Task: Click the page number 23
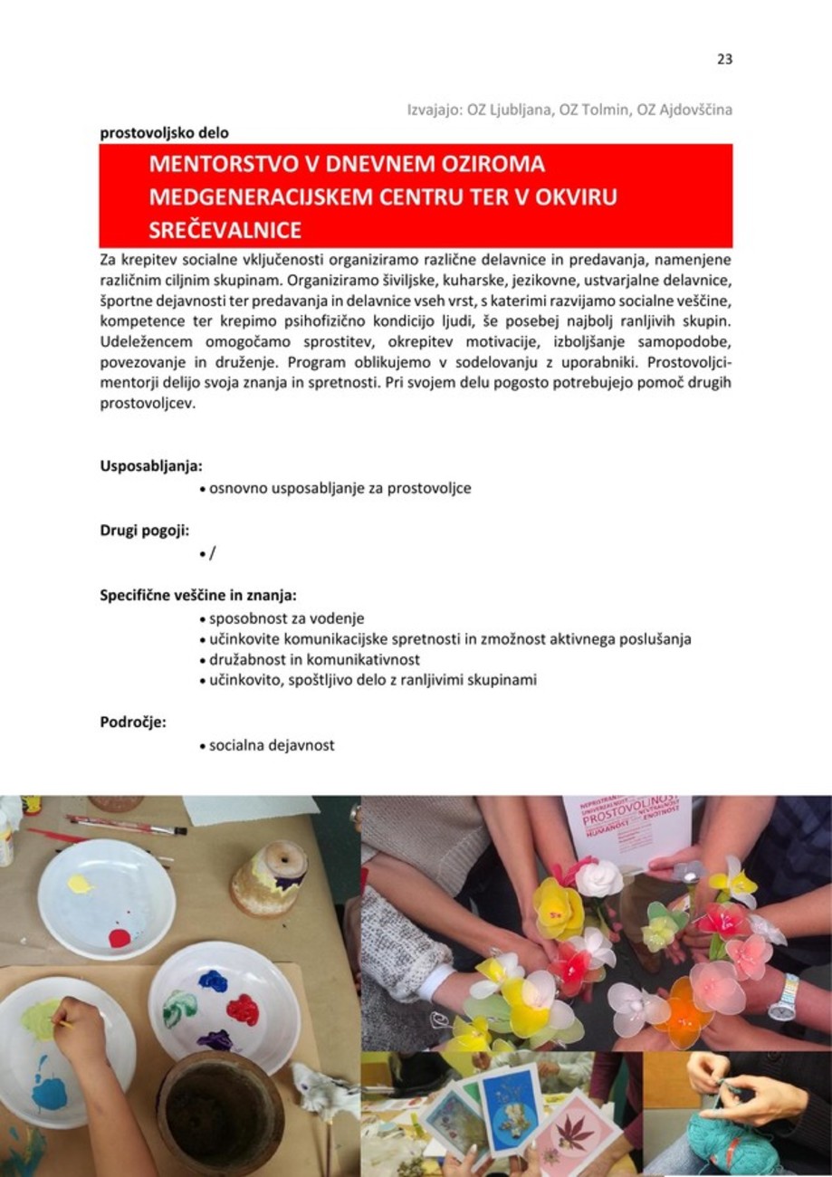point(723,60)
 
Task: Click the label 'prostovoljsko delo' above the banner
point(164,132)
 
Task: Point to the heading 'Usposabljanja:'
point(150,467)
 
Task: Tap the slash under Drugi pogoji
point(212,553)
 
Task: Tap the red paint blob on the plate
point(120,937)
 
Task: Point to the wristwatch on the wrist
point(783,996)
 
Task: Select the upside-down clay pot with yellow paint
point(270,876)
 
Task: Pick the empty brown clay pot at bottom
point(219,1112)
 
